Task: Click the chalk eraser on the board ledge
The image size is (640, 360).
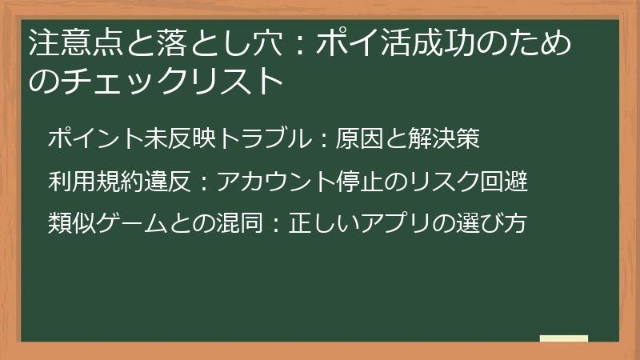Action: pos(563,340)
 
